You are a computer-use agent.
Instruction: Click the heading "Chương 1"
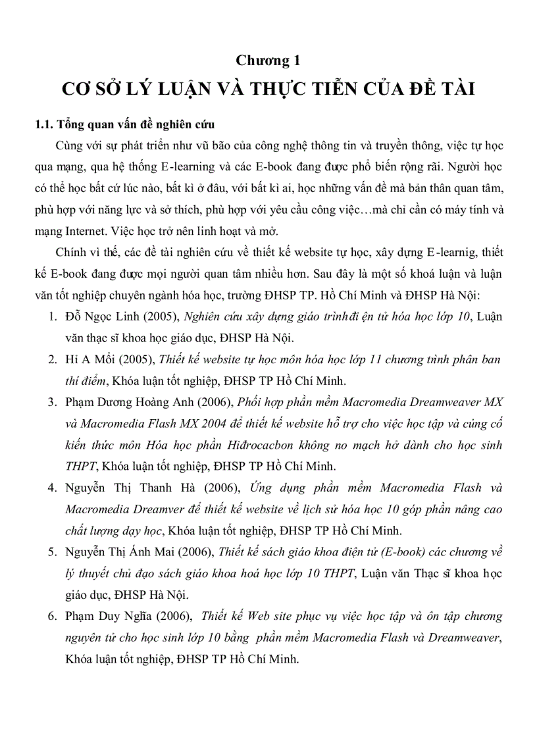coord(268,61)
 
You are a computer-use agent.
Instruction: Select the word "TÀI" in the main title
coord(455,89)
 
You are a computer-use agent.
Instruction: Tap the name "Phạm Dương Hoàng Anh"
coord(128,402)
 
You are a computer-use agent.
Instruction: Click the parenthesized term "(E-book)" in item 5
coord(376,552)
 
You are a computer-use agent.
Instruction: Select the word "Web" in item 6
coord(261,616)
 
